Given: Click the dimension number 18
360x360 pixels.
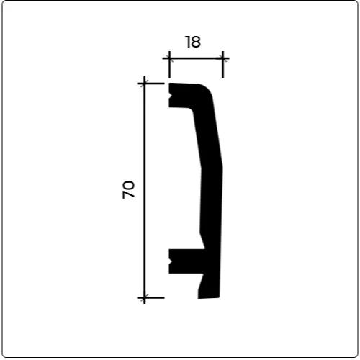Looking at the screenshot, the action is [x=193, y=42].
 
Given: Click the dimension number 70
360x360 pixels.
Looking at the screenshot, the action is [x=129, y=189].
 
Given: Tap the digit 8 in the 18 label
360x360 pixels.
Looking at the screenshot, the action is [x=196, y=42].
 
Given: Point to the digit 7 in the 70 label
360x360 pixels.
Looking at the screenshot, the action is [x=129, y=194].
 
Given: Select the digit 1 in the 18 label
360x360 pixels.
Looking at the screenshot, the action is [x=187, y=42].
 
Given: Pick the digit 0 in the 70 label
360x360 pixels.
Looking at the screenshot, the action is [x=129, y=185].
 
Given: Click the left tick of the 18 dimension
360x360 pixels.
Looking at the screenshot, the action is [x=169, y=58].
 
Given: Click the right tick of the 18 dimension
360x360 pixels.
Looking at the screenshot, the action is [x=223, y=58].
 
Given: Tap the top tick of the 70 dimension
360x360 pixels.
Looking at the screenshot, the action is [x=144, y=84].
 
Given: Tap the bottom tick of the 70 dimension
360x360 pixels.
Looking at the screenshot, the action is [x=144, y=297].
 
